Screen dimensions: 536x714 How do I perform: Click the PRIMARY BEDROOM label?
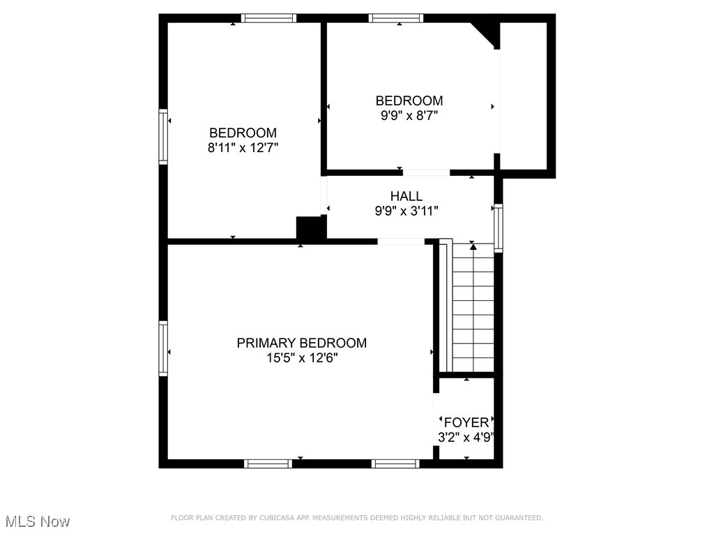(301, 343)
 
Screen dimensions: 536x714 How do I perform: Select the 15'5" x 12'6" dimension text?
(301, 358)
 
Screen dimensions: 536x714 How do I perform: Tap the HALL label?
(406, 196)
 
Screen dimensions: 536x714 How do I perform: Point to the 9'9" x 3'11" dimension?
(406, 211)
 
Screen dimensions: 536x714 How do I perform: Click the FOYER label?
(466, 422)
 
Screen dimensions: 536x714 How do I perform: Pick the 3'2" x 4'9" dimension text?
(466, 438)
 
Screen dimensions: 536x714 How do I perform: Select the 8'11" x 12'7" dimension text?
(243, 147)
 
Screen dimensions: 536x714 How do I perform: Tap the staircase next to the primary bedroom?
(473, 307)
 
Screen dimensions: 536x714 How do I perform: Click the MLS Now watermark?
(38, 521)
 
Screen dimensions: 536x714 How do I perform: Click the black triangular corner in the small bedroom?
(487, 32)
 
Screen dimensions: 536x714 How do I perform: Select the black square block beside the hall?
(310, 228)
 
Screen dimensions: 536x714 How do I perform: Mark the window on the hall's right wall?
(498, 227)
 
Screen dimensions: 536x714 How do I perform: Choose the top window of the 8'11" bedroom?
(269, 18)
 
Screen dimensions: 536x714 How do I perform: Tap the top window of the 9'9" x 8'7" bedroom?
(396, 18)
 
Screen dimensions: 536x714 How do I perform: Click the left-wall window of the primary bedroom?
(163, 348)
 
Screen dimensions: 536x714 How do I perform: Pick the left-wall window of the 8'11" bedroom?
(163, 136)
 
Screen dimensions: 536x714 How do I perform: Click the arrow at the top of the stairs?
(473, 246)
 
